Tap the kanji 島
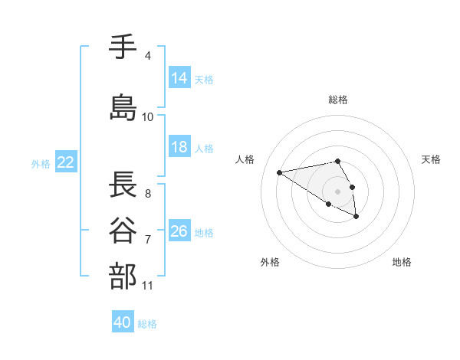123,106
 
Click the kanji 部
123,276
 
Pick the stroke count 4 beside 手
147,56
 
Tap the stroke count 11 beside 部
147,286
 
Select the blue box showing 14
179,78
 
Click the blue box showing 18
179,147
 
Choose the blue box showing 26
179,231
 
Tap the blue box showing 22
65,162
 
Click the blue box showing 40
123,322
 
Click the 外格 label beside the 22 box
41,163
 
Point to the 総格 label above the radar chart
338,100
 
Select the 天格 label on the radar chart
431,159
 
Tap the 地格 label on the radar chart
402,262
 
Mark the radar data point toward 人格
280,172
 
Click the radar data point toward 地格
356,217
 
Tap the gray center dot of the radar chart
338,191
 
